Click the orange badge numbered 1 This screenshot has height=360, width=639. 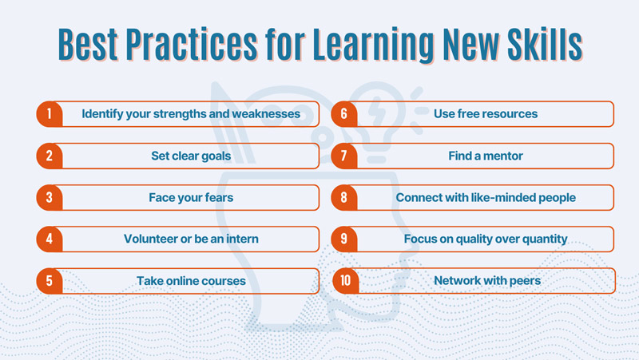(x=50, y=114)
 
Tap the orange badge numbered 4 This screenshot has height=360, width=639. (x=50, y=239)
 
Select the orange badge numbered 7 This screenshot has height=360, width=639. (x=344, y=156)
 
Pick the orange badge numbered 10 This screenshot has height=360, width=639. (x=346, y=281)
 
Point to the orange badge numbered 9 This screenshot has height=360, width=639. (x=344, y=239)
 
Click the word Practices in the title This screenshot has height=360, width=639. (x=191, y=44)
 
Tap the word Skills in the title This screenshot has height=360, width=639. (x=545, y=44)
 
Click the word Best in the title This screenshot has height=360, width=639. (x=88, y=44)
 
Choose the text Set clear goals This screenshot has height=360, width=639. (x=191, y=156)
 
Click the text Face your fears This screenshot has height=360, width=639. (x=191, y=197)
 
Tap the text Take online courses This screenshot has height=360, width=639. (x=191, y=281)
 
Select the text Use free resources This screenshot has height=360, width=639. (x=486, y=113)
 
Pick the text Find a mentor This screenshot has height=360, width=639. (x=486, y=156)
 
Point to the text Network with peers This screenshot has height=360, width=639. (x=487, y=281)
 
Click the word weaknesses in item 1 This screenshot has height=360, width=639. (x=266, y=113)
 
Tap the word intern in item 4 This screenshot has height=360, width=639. (x=242, y=239)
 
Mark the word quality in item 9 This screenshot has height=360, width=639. (x=471, y=239)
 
